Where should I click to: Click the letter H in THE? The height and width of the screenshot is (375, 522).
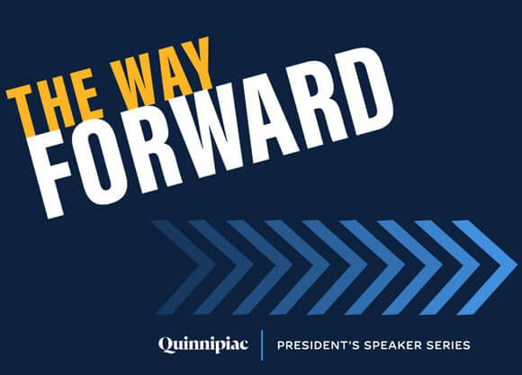(55, 99)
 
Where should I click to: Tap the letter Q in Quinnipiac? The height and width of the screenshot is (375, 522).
(165, 344)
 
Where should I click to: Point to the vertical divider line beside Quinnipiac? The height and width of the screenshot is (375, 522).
(261, 344)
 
